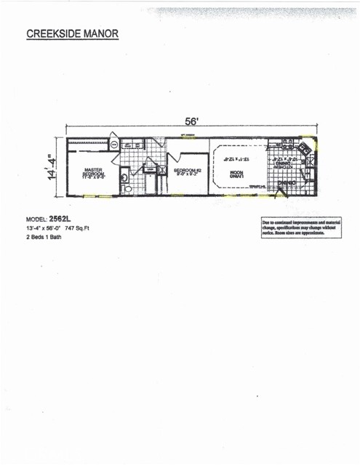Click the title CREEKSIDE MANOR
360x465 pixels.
(71, 34)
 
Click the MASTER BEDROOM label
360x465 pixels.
(93, 173)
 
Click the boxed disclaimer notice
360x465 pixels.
(301, 227)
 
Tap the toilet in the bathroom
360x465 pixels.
(128, 189)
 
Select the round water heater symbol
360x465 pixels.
(114, 145)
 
